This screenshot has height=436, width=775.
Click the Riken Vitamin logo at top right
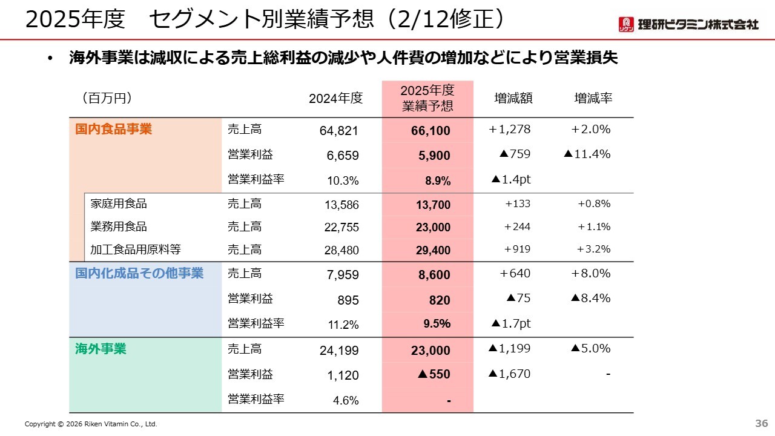coord(687,24)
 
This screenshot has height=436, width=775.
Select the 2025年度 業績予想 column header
coord(427,98)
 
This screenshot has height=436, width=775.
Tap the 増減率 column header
coord(593,98)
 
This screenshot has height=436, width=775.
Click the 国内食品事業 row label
coord(114,129)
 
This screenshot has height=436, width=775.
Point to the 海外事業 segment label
coord(101,349)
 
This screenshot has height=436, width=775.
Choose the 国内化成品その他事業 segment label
coord(139,273)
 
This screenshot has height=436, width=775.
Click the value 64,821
coord(339,131)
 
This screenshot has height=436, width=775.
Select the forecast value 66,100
coord(434,131)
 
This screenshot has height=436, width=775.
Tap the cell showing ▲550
coord(434,374)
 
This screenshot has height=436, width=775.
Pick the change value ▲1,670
coord(509,374)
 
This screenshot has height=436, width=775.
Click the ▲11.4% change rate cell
coord(587,154)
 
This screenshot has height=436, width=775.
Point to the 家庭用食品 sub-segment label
coord(119,203)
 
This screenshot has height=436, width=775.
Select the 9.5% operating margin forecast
coord(437,324)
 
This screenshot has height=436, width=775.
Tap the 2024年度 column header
coord(335,98)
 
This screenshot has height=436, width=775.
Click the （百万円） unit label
coord(107,98)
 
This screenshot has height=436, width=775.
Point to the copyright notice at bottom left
coord(91,424)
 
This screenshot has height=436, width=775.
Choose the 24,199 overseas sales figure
coord(339,350)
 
